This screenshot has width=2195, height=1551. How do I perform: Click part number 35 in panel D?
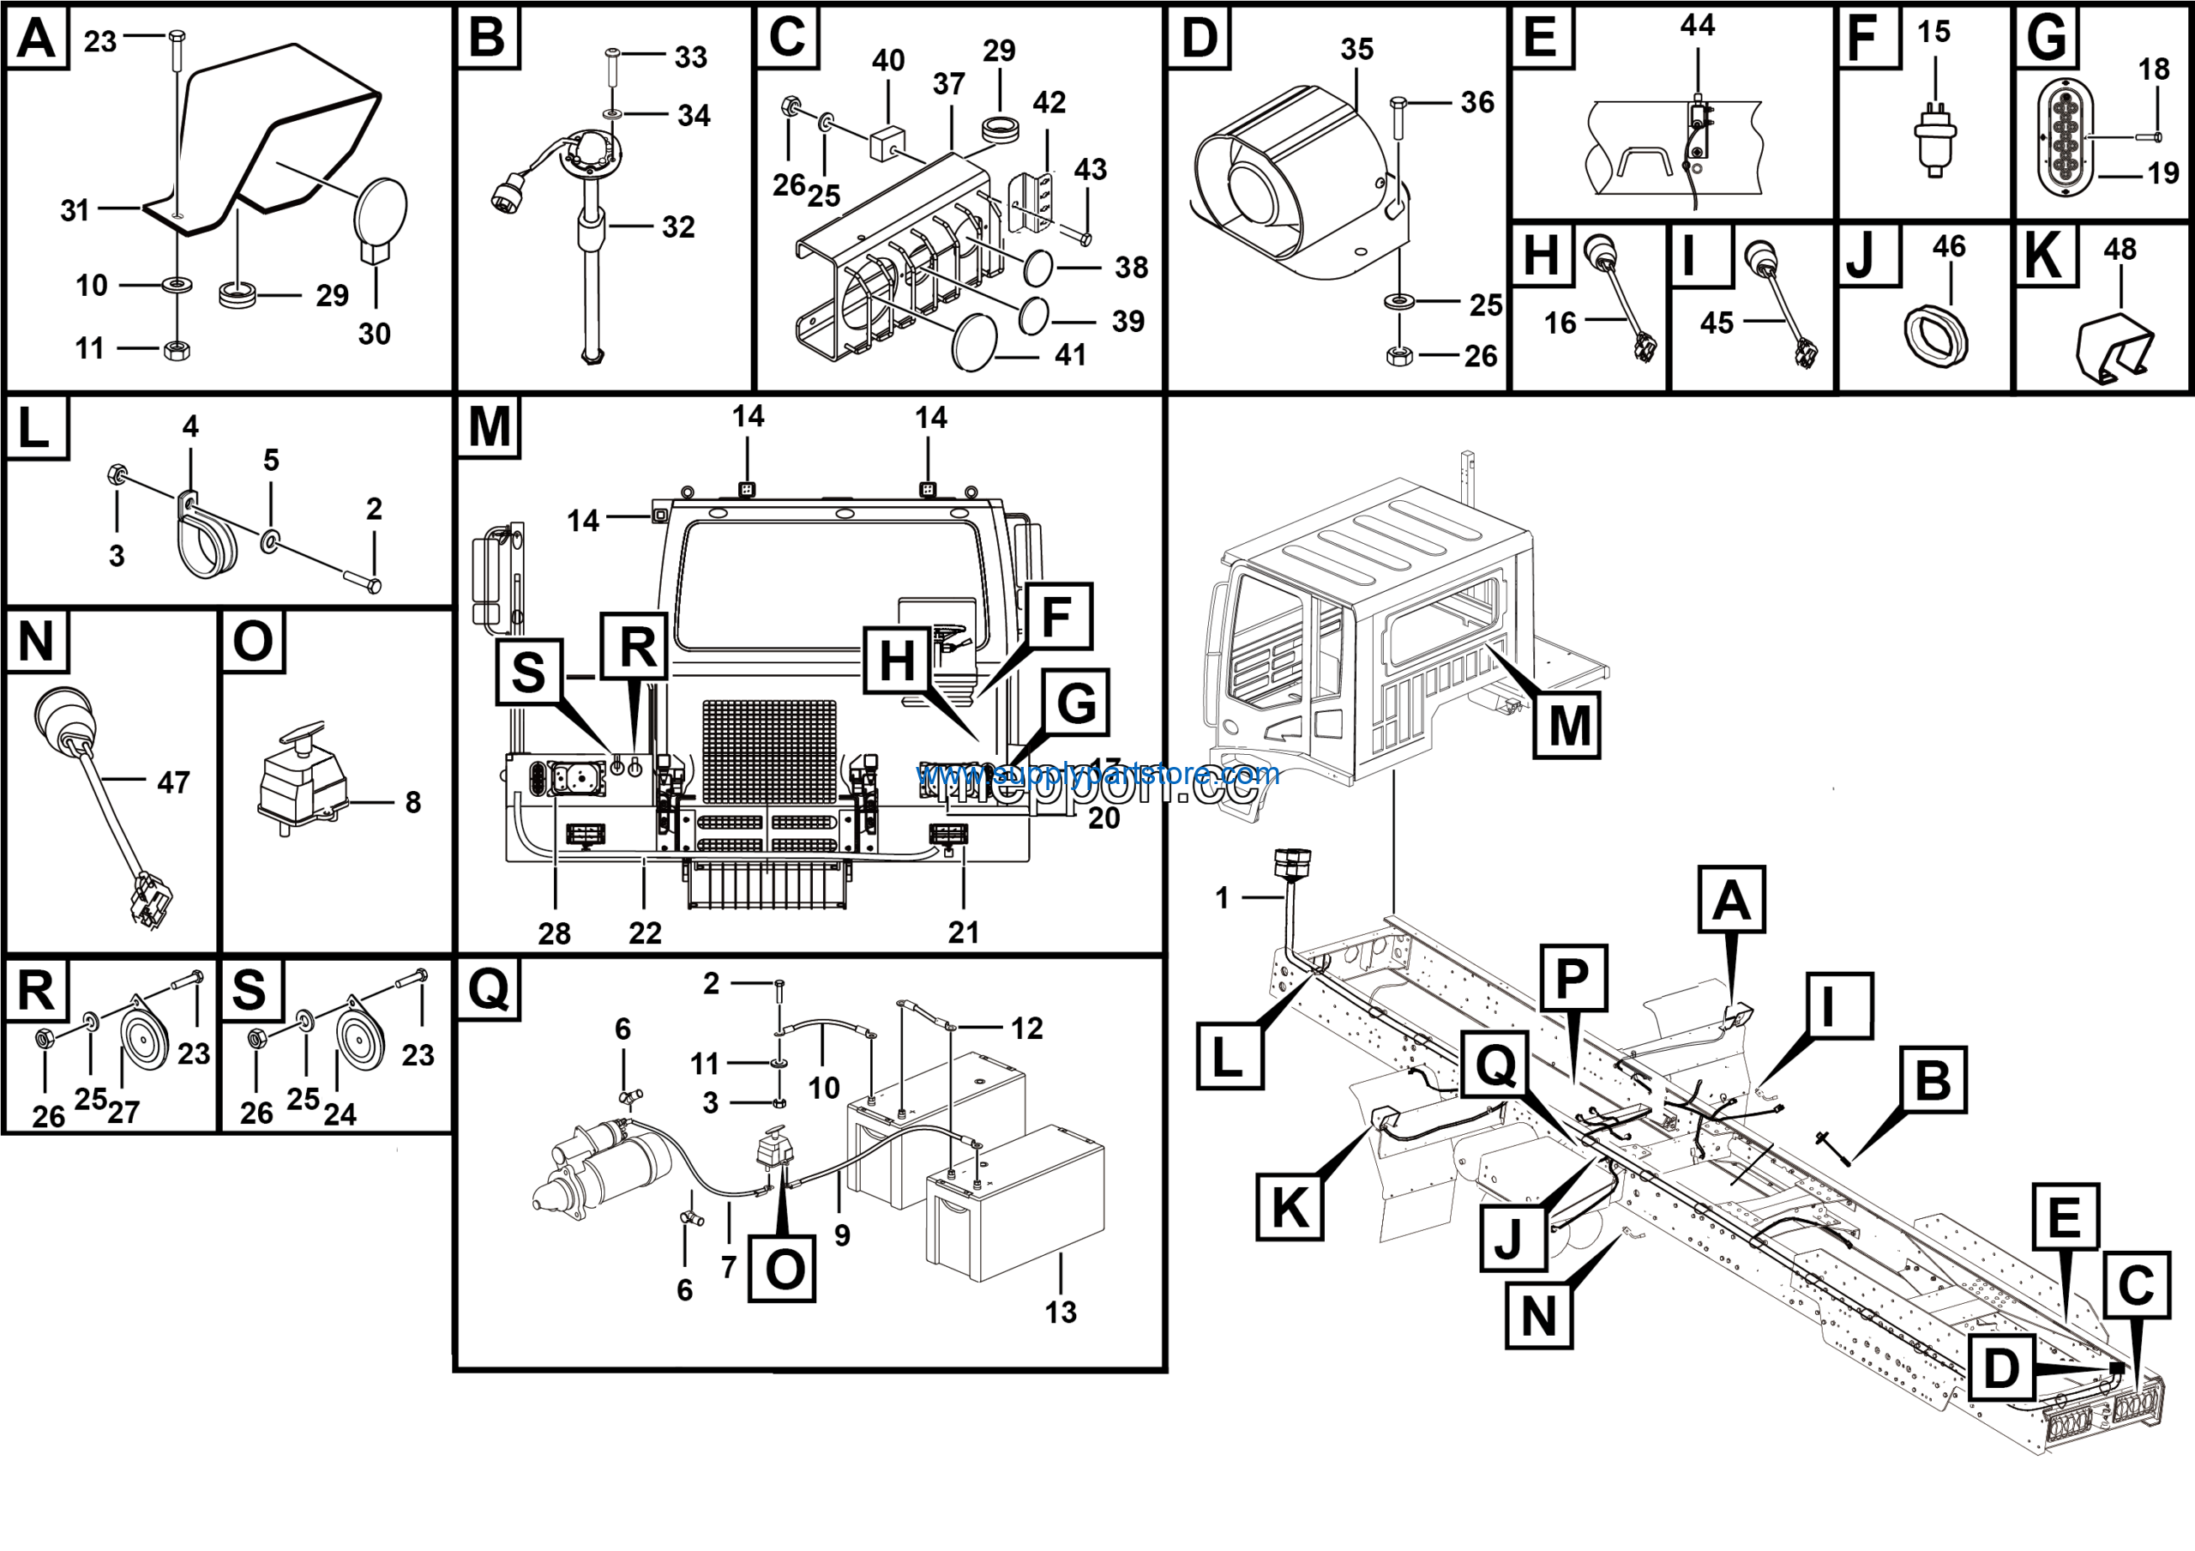coord(1356,49)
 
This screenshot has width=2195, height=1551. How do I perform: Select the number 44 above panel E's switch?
coord(1698,25)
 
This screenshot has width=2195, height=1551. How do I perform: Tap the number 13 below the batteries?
coord(1061,1312)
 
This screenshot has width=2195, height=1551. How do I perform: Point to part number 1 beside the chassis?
coord(1222,897)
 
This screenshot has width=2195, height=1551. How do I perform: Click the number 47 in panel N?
coord(173,782)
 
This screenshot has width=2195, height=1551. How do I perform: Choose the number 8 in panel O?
coord(413,801)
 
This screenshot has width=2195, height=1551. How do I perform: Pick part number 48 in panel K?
coord(2120,250)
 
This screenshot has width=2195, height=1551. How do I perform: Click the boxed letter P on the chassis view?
coord(1573,978)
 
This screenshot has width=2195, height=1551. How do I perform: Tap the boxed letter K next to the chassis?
coord(1290,1207)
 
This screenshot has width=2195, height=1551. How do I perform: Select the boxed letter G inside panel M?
coord(1075,703)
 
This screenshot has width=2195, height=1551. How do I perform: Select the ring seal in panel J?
coord(1936,335)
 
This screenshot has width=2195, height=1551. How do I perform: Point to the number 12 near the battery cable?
coord(1026,1028)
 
